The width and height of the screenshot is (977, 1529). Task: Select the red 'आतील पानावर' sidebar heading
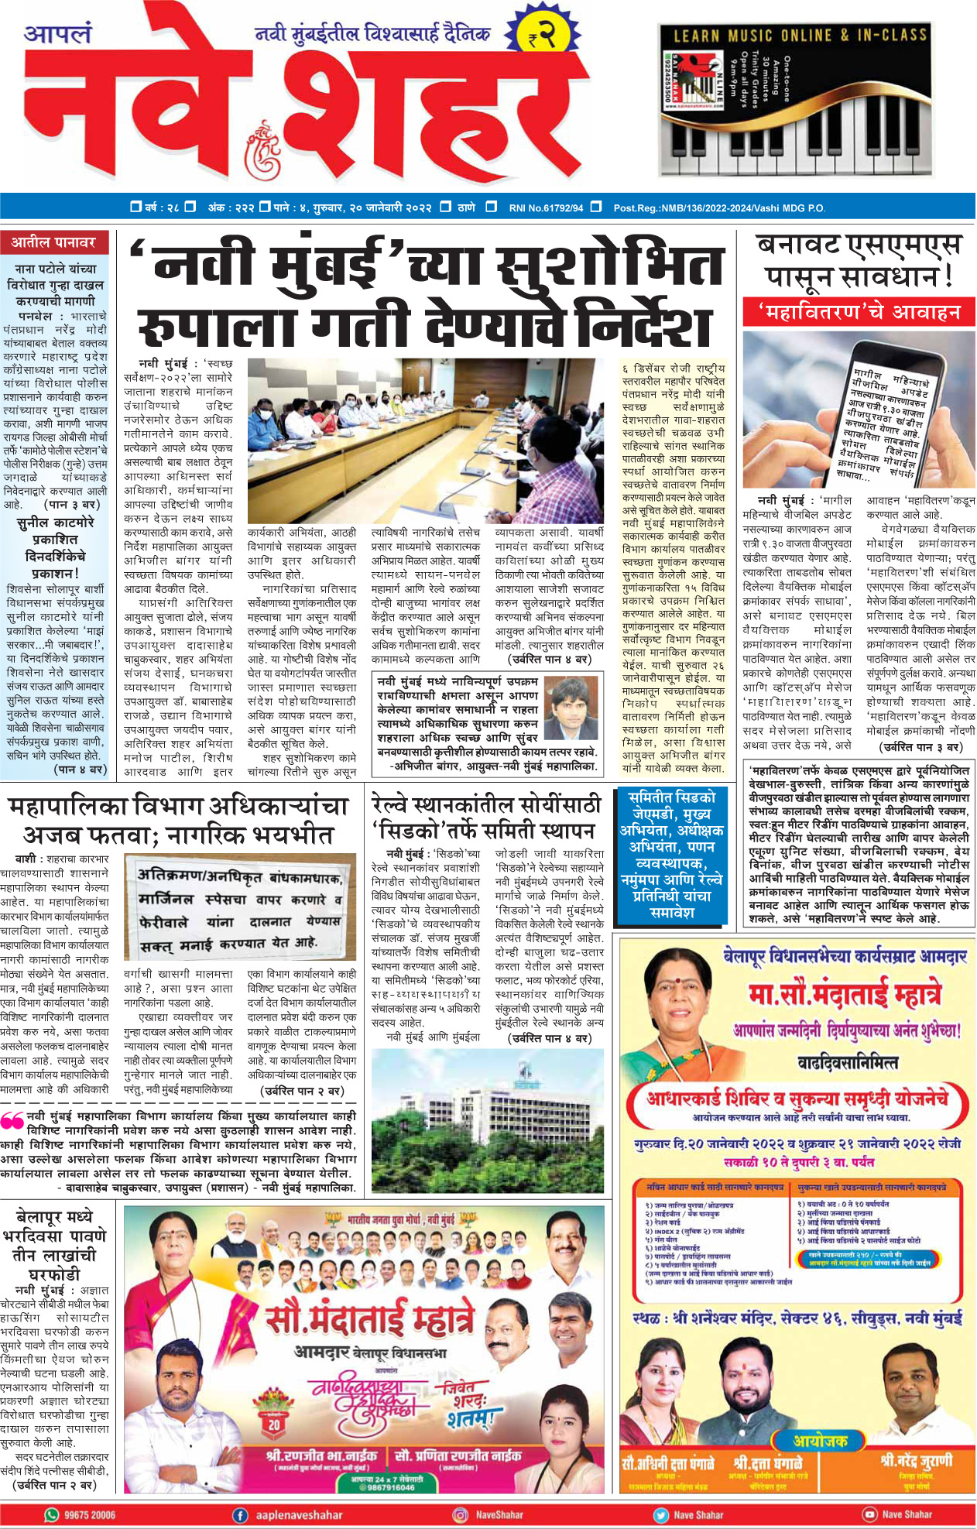coord(53,242)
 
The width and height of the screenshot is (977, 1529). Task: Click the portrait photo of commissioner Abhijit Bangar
coord(573,711)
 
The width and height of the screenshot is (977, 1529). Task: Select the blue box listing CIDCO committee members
coord(672,855)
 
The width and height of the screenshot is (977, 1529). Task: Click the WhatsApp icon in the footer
coord(52,1515)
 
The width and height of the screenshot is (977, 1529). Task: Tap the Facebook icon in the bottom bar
coord(241,1515)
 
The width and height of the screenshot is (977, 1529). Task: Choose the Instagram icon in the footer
coord(460,1515)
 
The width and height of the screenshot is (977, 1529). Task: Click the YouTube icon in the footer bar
coord(869,1515)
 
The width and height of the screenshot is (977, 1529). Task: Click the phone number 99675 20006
coord(90,1515)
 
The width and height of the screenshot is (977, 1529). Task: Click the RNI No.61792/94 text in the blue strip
coord(546,207)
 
